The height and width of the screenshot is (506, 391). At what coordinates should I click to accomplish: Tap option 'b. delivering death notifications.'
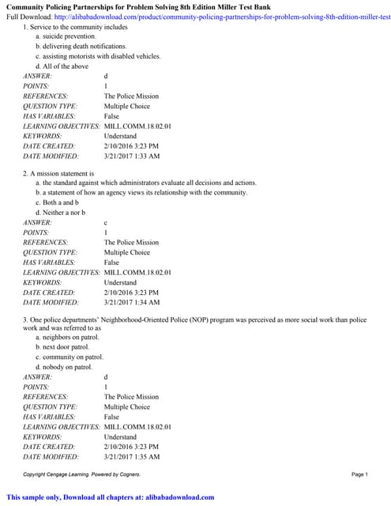(84, 47)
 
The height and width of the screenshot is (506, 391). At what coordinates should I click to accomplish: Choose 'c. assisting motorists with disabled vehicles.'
(98, 57)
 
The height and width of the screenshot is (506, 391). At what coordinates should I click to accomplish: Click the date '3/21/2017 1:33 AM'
(131, 156)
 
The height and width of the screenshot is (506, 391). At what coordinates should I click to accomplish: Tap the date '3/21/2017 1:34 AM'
(131, 302)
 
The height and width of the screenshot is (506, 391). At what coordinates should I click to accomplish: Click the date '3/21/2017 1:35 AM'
(131, 456)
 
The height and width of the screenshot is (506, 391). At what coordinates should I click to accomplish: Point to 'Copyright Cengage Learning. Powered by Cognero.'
(81, 474)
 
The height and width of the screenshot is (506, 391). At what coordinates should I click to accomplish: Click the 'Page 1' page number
(359, 474)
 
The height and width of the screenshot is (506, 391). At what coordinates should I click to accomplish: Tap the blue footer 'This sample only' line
(111, 497)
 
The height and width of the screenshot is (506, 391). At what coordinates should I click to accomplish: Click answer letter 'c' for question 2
(106, 223)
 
